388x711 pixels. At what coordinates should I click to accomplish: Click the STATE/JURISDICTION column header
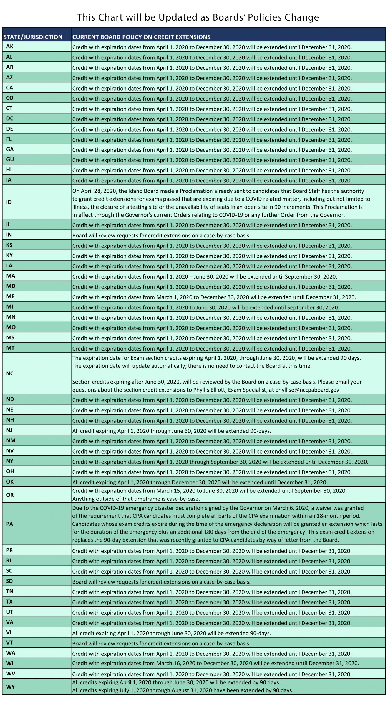click(33, 37)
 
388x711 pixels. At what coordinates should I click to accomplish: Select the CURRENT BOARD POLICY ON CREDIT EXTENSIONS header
click(141, 37)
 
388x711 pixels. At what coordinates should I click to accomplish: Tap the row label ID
click(9, 202)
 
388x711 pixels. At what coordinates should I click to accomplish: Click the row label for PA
click(9, 524)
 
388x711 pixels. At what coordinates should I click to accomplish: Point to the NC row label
click(10, 374)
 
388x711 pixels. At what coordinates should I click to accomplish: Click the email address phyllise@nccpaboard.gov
click(307, 390)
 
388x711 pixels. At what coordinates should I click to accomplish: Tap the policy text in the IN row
click(161, 236)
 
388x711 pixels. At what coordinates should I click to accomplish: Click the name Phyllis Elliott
click(210, 390)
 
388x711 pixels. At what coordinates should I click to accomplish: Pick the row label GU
click(10, 159)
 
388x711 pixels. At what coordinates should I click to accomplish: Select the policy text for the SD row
click(161, 582)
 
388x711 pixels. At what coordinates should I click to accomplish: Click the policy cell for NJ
click(172, 431)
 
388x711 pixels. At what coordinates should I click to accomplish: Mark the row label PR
click(9, 550)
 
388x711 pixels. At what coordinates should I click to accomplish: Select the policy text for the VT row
click(161, 644)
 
